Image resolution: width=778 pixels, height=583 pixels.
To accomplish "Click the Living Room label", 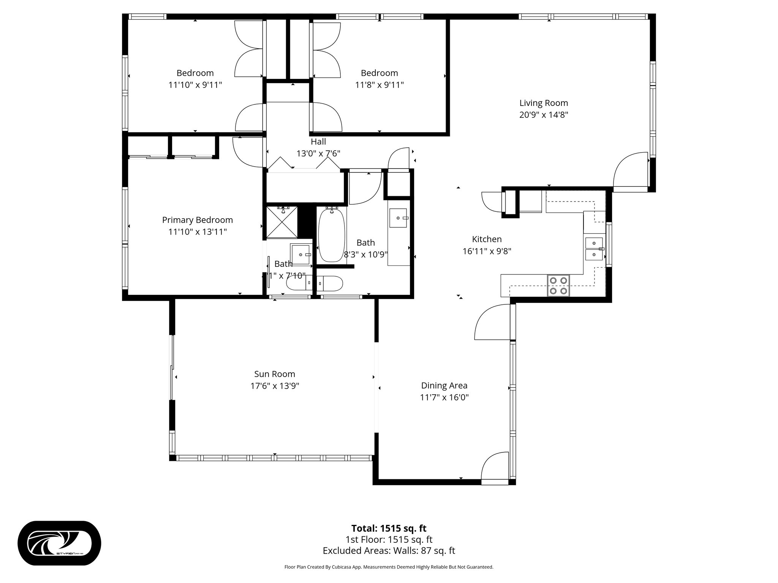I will click(543, 103).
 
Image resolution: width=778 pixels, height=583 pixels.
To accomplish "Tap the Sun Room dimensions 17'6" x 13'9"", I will click(274, 386).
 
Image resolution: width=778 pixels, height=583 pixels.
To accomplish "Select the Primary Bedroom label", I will click(197, 220).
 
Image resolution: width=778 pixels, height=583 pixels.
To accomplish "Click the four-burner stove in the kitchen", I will click(558, 285).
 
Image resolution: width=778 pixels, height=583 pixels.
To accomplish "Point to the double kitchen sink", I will click(594, 248).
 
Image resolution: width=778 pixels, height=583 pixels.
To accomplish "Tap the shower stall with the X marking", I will click(282, 222).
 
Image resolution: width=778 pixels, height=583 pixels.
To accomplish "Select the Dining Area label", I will click(444, 385).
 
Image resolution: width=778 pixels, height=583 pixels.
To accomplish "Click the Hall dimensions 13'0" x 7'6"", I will click(318, 153).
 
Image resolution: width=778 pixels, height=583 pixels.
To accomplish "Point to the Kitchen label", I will click(487, 239).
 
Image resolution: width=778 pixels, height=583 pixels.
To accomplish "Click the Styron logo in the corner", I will click(59, 543).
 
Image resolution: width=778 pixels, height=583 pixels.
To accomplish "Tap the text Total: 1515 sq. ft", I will click(389, 528).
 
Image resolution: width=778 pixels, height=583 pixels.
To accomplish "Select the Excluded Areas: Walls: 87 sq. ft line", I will click(389, 551).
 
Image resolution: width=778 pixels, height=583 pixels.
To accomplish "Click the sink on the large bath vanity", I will click(398, 218).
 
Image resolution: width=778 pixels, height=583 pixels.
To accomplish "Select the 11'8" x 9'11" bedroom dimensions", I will click(379, 85).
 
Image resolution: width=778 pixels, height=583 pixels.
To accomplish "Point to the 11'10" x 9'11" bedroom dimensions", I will click(195, 85).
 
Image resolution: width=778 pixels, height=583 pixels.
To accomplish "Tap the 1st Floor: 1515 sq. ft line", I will click(389, 540).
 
